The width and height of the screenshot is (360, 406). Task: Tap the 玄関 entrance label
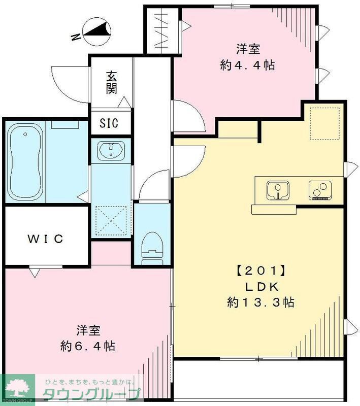112,83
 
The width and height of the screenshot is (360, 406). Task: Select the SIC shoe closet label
108,123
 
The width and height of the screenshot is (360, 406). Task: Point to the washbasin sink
111,151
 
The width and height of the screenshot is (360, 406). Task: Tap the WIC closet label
46,238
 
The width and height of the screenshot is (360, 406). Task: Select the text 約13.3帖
260,302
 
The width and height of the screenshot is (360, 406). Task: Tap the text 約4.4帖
248,65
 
